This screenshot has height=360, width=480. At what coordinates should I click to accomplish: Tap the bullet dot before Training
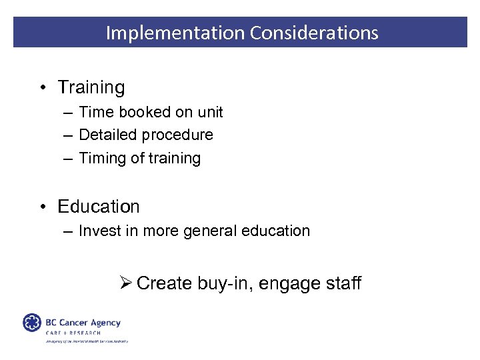coord(42,88)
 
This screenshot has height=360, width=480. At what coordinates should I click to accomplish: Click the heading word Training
coord(91,87)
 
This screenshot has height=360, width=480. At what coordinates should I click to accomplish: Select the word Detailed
coord(105,135)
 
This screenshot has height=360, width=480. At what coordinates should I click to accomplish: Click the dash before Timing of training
coord(67,159)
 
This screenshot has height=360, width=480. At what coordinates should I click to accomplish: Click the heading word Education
coord(99,207)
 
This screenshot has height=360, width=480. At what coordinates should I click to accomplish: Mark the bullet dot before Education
coord(42,207)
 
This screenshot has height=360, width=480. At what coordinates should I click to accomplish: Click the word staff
coord(343,283)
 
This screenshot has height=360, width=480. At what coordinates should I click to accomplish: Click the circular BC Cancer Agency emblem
coord(32,323)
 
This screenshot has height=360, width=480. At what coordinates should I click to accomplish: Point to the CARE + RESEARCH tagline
coord(73,333)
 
